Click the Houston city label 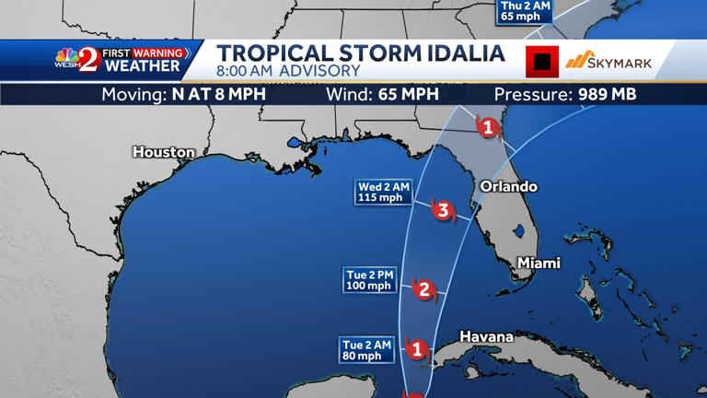click(x=164, y=152)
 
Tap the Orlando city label click(x=508, y=186)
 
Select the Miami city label click(x=539, y=263)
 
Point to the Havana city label click(x=486, y=337)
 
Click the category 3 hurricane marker click(x=444, y=211)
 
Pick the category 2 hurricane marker click(x=423, y=289)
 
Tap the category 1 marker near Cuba click(x=417, y=349)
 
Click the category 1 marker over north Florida click(x=488, y=128)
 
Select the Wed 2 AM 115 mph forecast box click(x=383, y=193)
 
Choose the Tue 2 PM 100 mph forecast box click(x=369, y=280)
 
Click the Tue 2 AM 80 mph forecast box click(x=366, y=350)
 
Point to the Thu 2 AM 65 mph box click(x=526, y=10)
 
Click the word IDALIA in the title click(x=458, y=53)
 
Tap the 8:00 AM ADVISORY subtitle click(x=288, y=71)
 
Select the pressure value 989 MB click(x=607, y=94)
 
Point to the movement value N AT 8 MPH click(x=218, y=94)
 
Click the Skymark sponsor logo click(x=608, y=62)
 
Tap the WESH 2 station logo click(x=77, y=60)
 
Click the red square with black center click(x=542, y=62)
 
